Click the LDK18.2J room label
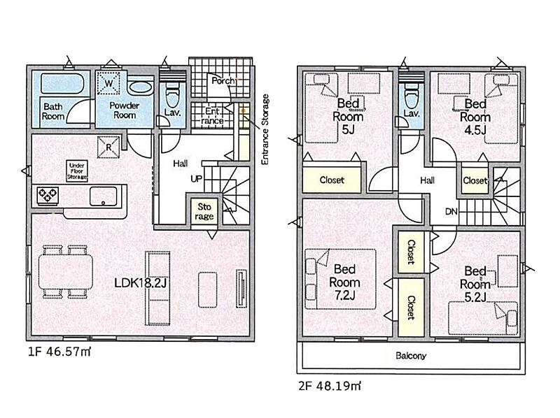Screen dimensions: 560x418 coord(141,283)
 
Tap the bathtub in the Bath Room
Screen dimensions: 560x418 coord(63,84)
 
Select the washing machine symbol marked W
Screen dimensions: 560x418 coord(108,83)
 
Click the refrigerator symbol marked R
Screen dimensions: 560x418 coord(108,147)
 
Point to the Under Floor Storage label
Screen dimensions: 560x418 coord(77,171)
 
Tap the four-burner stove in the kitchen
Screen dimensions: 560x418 coord(48,195)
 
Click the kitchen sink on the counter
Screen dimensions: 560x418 coord(103,196)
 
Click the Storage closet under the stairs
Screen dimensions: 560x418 coord(204,212)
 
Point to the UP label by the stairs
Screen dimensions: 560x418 coord(196,179)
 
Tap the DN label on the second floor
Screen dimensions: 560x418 coord(451,212)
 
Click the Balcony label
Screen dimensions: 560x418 coord(411,356)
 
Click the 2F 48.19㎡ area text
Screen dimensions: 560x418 coord(329,386)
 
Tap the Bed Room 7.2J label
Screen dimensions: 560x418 coord(344,282)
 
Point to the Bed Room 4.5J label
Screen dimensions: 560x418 coord(475,117)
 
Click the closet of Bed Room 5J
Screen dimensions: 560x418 coord(332,179)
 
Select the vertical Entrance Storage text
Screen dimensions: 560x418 coord(265,129)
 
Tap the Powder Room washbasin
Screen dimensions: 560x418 coord(141,87)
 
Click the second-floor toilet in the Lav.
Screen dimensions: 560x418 coord(411,96)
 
